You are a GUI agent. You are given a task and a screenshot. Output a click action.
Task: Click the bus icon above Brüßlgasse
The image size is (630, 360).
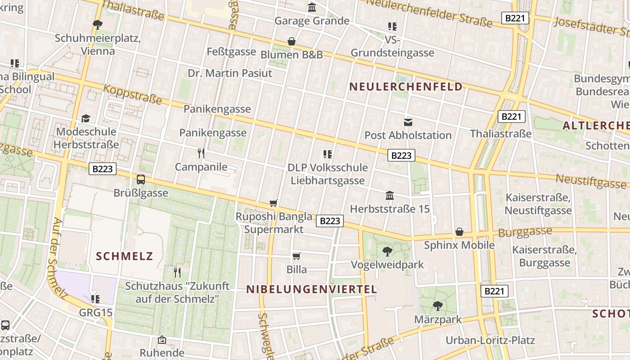(141, 180)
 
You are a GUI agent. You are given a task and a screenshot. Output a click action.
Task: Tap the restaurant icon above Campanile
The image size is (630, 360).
(201, 153)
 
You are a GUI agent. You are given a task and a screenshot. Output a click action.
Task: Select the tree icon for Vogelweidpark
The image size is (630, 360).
(387, 251)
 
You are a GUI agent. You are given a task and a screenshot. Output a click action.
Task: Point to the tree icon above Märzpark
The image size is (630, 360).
(437, 306)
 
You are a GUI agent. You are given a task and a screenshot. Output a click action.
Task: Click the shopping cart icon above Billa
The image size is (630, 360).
(296, 256)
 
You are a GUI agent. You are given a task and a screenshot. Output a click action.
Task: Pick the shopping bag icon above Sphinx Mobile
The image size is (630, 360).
(459, 232)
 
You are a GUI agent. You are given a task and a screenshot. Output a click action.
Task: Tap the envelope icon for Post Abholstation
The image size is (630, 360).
(408, 122)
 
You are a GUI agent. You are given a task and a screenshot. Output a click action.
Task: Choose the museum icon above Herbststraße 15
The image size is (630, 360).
(390, 195)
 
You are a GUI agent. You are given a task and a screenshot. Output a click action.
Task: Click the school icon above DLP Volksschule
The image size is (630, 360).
(328, 154)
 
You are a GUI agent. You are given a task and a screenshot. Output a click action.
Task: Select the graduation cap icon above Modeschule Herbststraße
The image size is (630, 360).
(85, 118)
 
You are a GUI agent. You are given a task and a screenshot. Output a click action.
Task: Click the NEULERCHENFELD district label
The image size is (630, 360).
(406, 87)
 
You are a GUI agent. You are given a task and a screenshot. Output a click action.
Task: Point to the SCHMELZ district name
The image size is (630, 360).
(125, 256)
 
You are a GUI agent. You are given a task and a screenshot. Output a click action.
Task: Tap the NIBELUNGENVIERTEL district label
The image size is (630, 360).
(312, 289)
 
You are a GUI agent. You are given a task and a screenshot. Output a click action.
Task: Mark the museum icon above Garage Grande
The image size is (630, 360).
(312, 7)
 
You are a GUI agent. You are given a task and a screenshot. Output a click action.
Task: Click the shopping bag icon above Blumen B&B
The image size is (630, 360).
(292, 41)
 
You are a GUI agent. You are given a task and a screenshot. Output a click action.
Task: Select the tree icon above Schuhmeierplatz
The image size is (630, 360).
(97, 24)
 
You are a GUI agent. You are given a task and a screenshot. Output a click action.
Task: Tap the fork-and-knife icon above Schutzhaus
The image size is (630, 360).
(177, 272)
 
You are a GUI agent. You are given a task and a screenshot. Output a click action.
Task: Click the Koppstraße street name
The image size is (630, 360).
(132, 94)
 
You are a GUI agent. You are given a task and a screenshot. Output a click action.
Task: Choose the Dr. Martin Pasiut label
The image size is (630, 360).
(230, 73)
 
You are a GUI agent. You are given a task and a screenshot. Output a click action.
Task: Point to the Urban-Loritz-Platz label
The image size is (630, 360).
(490, 340)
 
